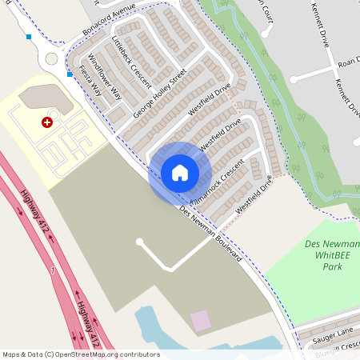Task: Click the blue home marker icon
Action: pos(180,173)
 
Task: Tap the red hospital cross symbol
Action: pos(47,122)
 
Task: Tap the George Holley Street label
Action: pos(160,93)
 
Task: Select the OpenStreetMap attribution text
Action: pos(81,354)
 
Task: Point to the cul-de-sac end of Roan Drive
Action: pos(294,78)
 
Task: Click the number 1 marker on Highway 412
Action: pos(53,272)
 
